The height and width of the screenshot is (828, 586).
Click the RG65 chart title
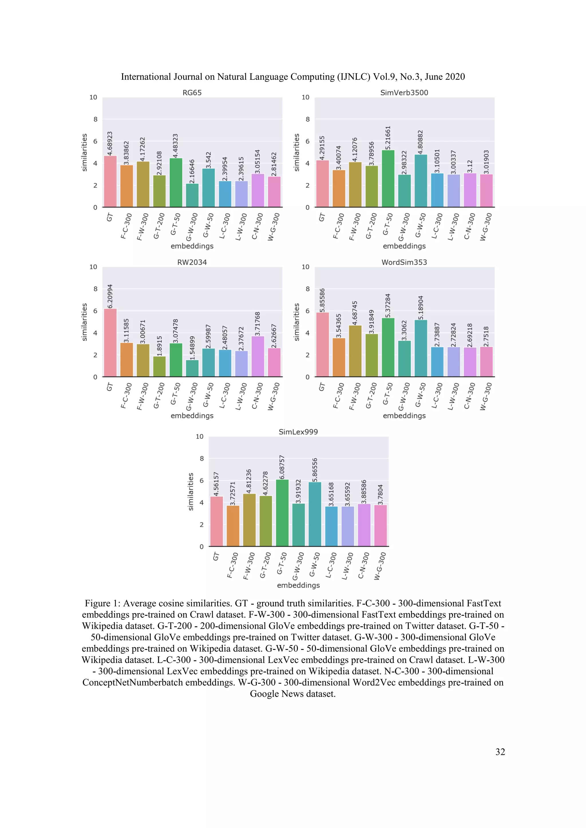coord(192,93)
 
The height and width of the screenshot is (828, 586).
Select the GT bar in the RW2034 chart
coord(110,343)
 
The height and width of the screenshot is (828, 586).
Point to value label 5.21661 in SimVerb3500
coord(388,138)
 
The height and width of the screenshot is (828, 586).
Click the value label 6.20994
coord(110,296)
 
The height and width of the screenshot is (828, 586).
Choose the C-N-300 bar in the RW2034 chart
coord(258,356)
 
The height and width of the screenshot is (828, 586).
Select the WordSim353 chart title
coord(404,262)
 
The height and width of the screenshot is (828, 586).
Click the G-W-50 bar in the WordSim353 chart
coord(421,348)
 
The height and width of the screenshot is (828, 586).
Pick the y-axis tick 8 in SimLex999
coord(202,458)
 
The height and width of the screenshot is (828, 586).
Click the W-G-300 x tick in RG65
coord(273,227)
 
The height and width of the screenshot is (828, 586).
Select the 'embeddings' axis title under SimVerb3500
coord(404,246)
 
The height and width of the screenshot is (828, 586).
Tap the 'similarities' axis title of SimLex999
coord(191,491)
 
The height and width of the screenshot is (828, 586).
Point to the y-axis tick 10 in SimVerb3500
coord(305,97)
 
